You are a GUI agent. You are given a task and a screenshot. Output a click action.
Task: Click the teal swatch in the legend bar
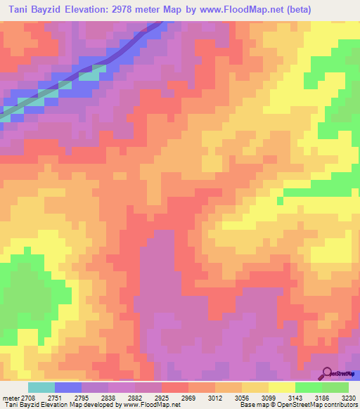[x=41, y=387]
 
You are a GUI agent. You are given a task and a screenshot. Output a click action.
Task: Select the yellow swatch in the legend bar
[x=281, y=387]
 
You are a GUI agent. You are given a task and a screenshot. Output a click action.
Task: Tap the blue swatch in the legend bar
[x=68, y=387]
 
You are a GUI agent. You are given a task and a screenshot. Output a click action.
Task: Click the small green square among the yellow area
[x=279, y=201]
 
